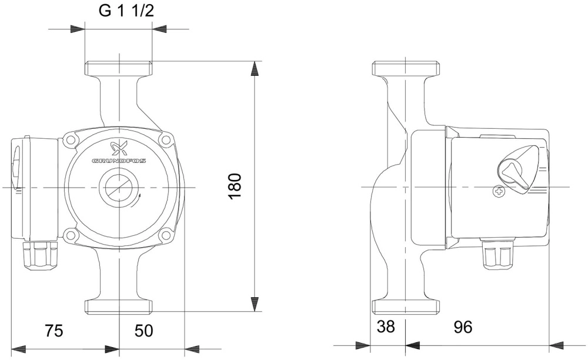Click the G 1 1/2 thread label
click(x=126, y=11)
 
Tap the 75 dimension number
click(x=54, y=331)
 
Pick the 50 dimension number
click(x=143, y=331)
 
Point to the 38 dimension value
click(x=386, y=326)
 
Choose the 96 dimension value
click(x=463, y=327)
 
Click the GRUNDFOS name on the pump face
click(x=119, y=161)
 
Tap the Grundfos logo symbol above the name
click(x=119, y=149)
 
